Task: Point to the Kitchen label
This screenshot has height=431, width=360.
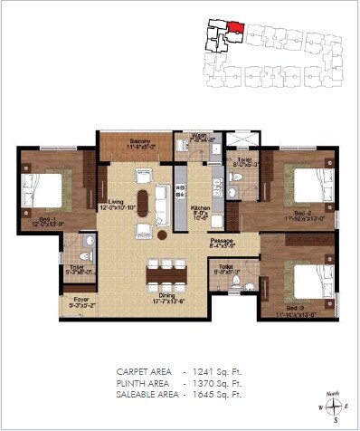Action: (x=201, y=211)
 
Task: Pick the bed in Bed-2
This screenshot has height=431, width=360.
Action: (x=306, y=186)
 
